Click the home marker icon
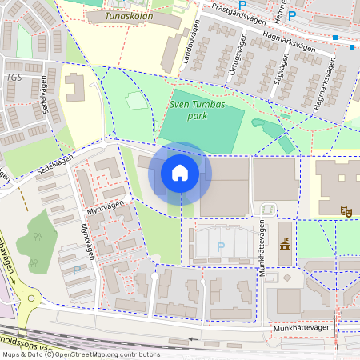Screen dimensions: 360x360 pos(180,173)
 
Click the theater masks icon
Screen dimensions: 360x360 pos(347,211)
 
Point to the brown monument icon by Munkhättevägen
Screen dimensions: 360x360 pos(284,243)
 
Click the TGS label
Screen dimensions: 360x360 pos(14,78)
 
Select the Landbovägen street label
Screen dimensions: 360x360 pos(190,50)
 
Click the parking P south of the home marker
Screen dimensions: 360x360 pos(220,247)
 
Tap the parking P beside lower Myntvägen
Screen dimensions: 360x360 pos(77,270)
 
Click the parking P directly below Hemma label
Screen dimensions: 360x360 pos(292,15)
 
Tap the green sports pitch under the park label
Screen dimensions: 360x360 pos(201,132)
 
